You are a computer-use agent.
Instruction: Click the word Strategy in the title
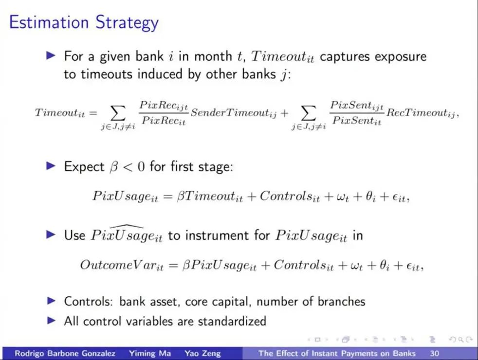coord(127,23)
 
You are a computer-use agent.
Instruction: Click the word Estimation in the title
coord(49,22)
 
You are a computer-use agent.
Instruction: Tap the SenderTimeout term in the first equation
coord(234,113)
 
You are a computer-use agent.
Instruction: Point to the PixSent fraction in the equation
coord(357,113)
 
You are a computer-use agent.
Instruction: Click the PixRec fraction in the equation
coord(164,113)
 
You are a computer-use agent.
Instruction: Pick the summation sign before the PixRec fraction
coord(118,113)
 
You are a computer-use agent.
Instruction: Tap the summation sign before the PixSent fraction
coord(309,113)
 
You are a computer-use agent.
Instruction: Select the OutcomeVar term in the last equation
coord(122,265)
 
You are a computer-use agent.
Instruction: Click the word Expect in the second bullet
coord(84,167)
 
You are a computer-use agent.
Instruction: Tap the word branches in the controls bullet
coord(341,301)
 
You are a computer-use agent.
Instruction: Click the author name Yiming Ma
coord(150,353)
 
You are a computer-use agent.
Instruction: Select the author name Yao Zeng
coord(202,353)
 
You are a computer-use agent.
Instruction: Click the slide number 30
coord(434,353)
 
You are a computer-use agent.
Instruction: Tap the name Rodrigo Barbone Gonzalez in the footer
coord(65,353)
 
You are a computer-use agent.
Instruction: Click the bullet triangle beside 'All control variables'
coord(51,321)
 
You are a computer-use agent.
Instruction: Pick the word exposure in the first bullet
coord(401,56)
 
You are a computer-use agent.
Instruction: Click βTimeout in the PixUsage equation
coord(210,196)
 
